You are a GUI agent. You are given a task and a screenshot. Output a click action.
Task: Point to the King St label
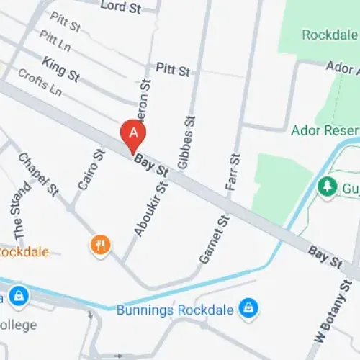pos(60,69)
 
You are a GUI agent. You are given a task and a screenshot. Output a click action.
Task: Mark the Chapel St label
pos(37,174)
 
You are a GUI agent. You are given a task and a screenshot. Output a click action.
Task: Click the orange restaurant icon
pos(100,246)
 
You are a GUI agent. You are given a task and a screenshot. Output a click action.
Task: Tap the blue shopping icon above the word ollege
pos(17,295)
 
